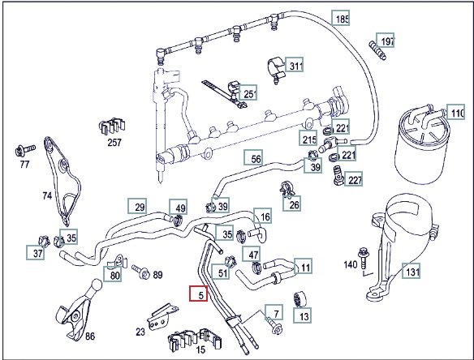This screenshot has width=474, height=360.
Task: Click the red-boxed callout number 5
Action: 199,294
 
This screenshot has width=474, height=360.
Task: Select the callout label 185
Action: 341,18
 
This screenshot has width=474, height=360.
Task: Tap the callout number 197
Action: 386,41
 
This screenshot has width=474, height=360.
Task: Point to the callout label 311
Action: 295,65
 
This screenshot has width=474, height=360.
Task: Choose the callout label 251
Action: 248,92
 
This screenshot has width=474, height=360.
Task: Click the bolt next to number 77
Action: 25,150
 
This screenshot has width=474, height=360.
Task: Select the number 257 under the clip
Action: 114,142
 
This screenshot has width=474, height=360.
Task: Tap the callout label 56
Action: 253,157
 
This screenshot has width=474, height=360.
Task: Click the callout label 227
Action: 353,179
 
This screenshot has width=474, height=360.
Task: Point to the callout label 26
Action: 292,204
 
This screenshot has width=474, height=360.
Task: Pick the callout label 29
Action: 137,206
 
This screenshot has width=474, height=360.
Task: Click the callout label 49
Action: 179,207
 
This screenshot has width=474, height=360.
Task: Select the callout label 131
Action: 412,271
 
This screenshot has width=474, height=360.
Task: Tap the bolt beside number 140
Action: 363,257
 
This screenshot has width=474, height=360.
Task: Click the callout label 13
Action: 302,315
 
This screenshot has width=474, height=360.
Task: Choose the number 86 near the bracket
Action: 90,336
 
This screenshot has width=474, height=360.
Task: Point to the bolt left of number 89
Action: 141,272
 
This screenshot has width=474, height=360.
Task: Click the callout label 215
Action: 308,139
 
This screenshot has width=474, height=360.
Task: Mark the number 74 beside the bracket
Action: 47,195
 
